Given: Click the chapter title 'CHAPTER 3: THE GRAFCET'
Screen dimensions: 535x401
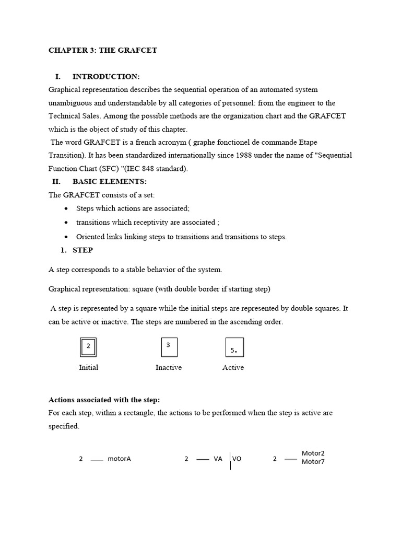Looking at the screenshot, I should [x=102, y=51].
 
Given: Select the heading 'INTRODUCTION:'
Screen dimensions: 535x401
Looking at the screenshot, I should [x=106, y=77].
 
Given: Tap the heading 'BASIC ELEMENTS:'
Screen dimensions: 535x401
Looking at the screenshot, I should [x=110, y=182].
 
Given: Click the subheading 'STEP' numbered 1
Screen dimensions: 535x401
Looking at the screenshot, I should [x=82, y=250].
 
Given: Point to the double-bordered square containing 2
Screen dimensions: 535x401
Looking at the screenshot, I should [x=88, y=346].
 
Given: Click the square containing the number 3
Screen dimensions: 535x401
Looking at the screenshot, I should [x=169, y=347].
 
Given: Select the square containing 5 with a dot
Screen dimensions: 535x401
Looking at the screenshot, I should [x=234, y=347].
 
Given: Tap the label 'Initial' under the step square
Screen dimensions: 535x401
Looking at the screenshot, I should [x=88, y=368].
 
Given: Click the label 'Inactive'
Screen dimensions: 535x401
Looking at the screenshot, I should [x=169, y=368].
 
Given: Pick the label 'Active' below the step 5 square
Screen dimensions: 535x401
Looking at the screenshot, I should [x=233, y=368].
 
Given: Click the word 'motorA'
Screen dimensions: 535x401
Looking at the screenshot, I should [x=119, y=459].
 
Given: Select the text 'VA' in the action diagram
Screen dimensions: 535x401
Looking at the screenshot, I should [x=218, y=459].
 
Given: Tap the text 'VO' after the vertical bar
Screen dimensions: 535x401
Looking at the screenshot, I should [x=237, y=459].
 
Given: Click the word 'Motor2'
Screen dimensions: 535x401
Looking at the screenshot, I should [x=313, y=453].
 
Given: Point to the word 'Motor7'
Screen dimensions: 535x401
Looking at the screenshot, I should [x=313, y=462].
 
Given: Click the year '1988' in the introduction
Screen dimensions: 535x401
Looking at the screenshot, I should [x=244, y=156].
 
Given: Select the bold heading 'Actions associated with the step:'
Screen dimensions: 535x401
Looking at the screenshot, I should [x=104, y=400].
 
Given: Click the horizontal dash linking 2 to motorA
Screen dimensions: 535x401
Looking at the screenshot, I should [x=97, y=460].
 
